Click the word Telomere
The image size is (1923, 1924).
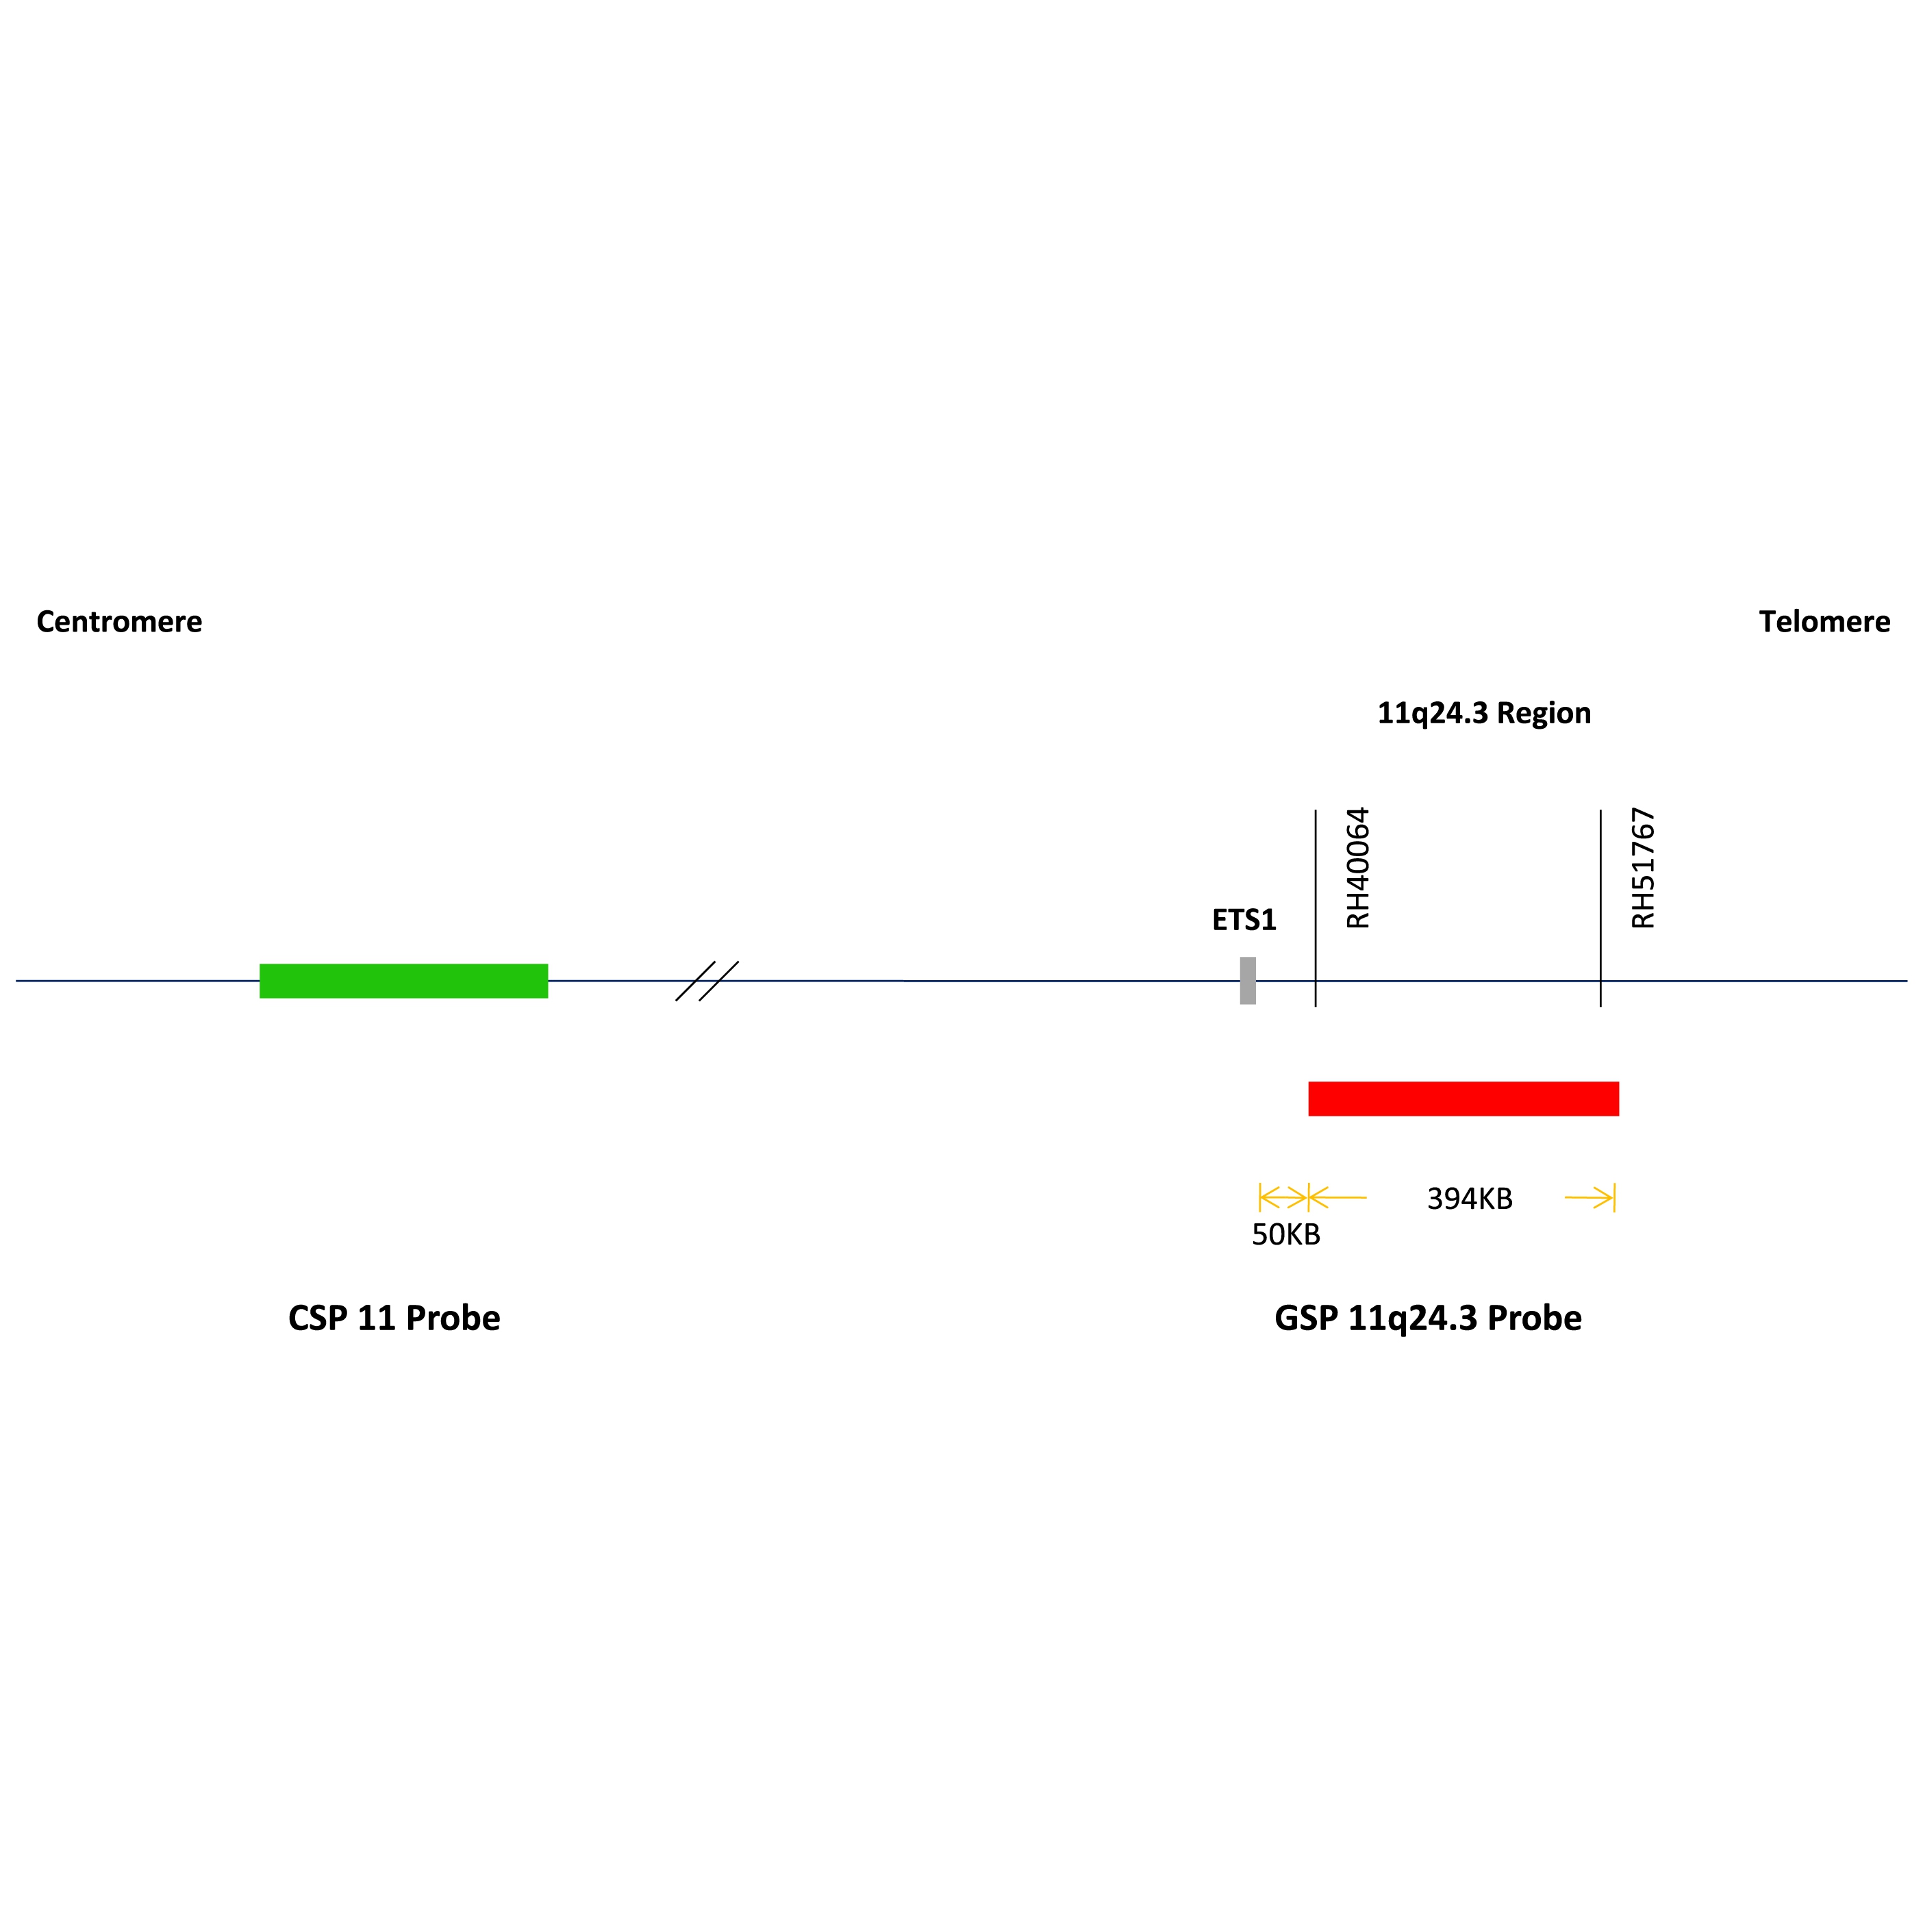[1824, 621]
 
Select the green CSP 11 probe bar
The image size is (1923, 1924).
[403, 980]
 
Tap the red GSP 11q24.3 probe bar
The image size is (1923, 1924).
[1463, 1099]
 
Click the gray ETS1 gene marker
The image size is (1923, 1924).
[1247, 980]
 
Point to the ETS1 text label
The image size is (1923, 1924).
[1244, 919]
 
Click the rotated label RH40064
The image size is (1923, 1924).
[1357, 867]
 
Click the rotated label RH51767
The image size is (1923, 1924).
[1642, 867]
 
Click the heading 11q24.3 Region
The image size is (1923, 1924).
[1484, 713]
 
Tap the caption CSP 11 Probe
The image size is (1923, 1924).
[394, 1318]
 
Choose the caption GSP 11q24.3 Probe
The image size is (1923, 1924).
[1428, 1319]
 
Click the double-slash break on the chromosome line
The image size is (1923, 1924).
[707, 980]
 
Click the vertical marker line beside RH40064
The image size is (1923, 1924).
[1316, 908]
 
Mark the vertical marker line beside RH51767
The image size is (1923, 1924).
[1600, 908]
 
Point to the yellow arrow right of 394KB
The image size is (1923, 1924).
[1589, 1197]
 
